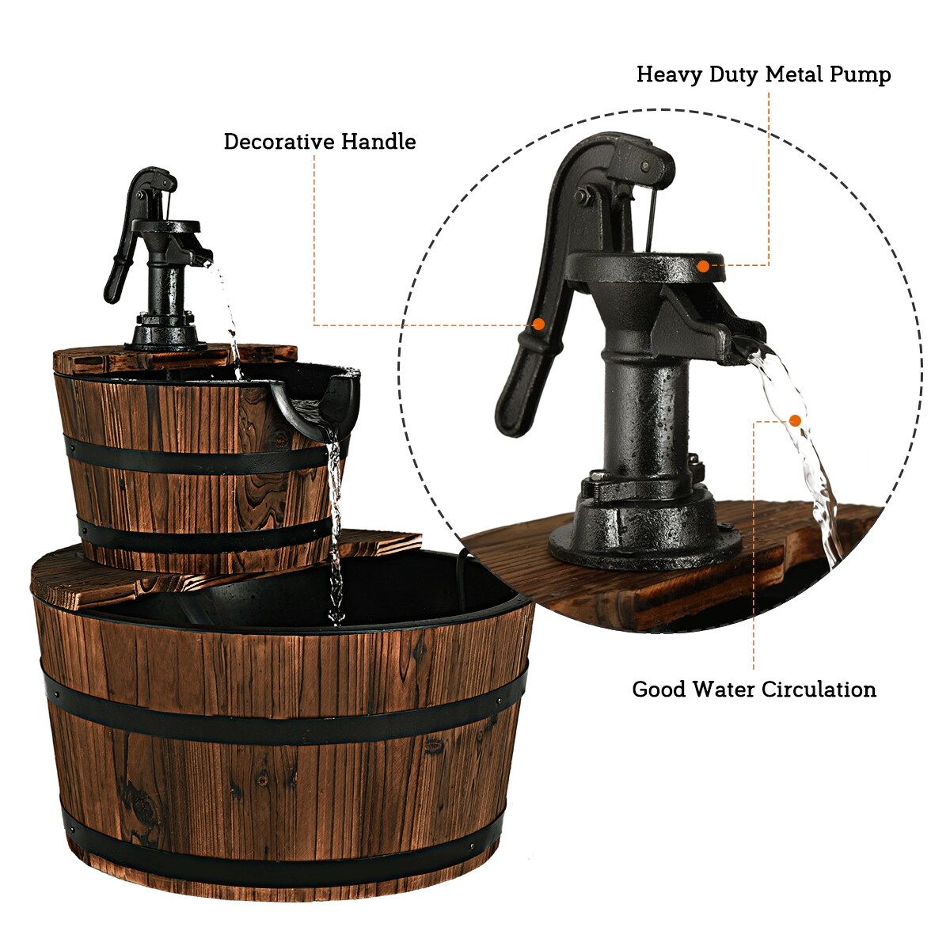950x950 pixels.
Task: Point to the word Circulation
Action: (819, 690)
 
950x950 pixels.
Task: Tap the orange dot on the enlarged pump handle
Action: (538, 324)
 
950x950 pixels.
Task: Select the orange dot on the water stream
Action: (795, 420)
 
